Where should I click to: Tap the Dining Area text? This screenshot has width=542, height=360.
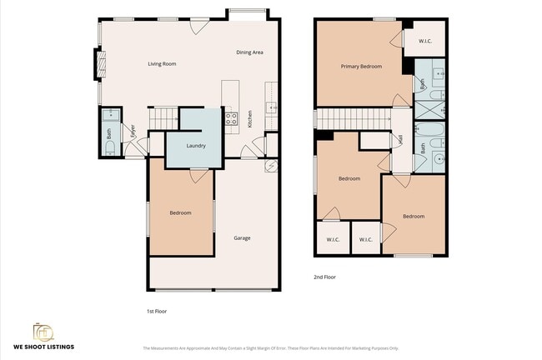(x=249, y=52)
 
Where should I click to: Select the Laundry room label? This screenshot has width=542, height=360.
(x=196, y=146)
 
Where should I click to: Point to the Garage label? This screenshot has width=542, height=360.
(x=242, y=238)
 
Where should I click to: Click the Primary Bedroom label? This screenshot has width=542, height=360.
(x=361, y=66)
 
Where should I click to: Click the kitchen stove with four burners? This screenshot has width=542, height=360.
(x=231, y=117)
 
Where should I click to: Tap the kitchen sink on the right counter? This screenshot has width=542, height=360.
(x=272, y=107)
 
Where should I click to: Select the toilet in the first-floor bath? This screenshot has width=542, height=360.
(x=110, y=148)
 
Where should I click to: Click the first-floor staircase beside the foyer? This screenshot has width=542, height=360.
(x=163, y=119)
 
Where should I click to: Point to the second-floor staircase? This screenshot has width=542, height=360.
(x=354, y=119)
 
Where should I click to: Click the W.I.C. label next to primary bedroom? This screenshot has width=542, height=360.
(x=424, y=39)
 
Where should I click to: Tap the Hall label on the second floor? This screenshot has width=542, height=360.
(x=401, y=142)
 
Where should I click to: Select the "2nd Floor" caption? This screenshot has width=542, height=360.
(x=325, y=277)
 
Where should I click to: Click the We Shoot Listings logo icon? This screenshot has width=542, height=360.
(x=43, y=332)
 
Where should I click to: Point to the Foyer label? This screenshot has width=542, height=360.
(x=132, y=132)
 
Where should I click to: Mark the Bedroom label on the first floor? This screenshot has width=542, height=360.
(x=180, y=213)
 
